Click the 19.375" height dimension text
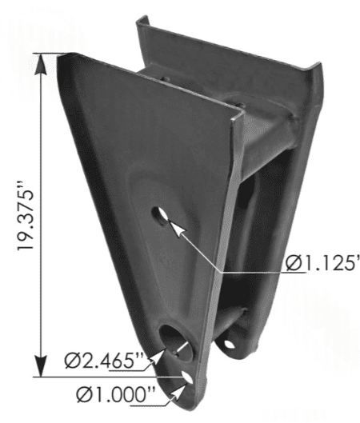26,219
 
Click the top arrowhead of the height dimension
41,64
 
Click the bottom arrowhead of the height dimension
41,365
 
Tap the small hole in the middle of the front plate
160,216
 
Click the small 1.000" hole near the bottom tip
187,377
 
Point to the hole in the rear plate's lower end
229,344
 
